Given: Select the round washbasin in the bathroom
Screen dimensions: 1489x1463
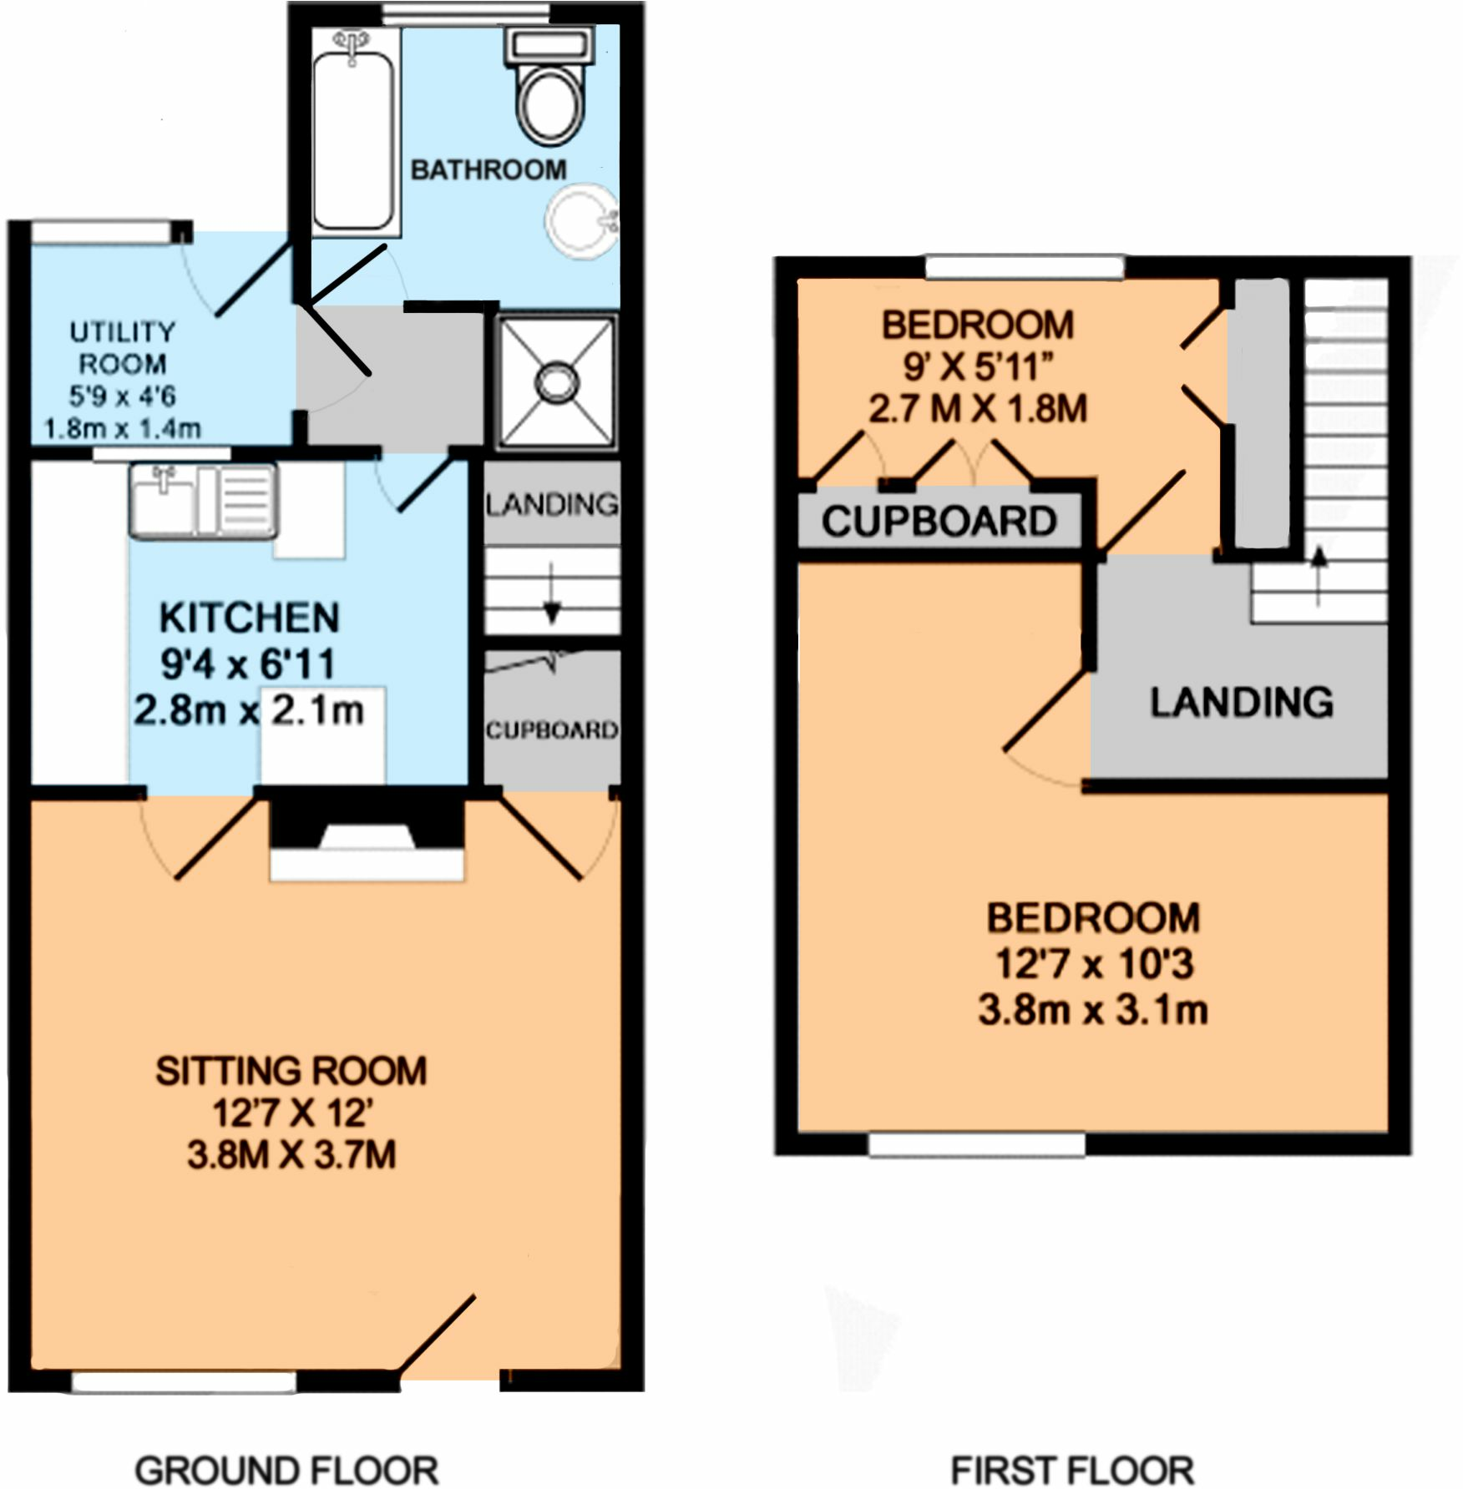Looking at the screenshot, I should click(x=581, y=220).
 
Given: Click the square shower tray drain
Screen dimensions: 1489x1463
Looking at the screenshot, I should click(x=556, y=383).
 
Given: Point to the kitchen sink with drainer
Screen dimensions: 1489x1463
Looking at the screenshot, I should click(x=204, y=502).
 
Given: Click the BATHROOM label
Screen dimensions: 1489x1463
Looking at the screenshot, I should click(x=489, y=170).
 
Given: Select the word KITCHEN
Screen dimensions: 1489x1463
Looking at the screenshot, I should click(x=249, y=618).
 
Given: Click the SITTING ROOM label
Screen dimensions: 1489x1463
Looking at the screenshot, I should click(x=291, y=1071).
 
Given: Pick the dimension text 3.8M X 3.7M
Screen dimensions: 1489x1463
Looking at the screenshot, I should click(x=291, y=1156).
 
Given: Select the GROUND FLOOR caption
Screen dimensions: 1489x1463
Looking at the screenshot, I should click(x=286, y=1469).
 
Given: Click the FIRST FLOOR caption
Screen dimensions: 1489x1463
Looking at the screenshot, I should click(x=1072, y=1469).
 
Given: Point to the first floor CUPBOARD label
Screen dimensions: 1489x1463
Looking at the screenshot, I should click(x=939, y=522).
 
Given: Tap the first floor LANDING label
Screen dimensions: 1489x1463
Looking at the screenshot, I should click(x=1241, y=703).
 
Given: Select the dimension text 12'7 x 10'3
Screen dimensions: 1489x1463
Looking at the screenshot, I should click(x=1094, y=965).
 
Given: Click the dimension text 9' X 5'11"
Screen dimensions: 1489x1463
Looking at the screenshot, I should click(x=977, y=366).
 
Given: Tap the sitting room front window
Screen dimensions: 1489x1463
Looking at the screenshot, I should click(x=185, y=1383).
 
